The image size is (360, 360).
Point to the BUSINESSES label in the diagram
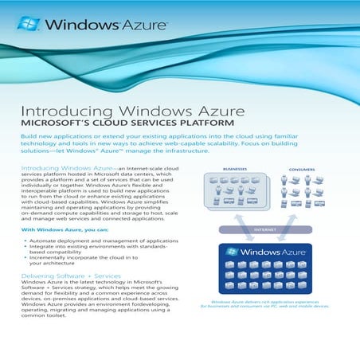coord(235,169)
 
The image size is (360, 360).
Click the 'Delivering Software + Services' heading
coord(71,275)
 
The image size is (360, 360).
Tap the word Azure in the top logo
coord(146,25)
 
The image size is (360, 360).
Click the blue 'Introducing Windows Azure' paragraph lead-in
coord(67,169)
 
